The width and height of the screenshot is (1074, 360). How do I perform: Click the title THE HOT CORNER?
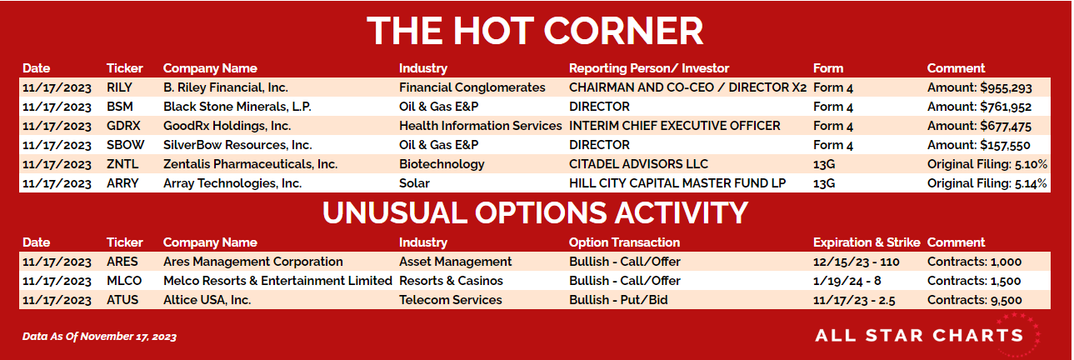coord(535,31)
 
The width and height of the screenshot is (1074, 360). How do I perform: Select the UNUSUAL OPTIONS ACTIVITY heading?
coord(535,212)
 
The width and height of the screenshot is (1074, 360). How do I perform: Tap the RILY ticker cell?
coord(119,87)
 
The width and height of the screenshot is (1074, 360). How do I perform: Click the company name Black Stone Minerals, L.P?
coord(237,107)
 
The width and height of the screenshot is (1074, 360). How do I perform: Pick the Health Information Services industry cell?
coord(481,126)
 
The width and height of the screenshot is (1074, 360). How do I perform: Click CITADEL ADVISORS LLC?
coord(638,164)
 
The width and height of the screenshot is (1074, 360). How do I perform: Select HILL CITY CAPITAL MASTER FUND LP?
coord(677,183)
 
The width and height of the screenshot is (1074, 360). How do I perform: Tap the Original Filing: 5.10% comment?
coord(987,164)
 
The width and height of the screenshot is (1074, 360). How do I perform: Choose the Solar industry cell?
coord(414,183)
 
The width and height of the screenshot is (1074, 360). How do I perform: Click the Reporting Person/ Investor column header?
coord(649,68)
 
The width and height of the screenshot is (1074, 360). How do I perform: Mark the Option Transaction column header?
coord(624,242)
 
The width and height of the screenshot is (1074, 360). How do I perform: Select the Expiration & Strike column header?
coord(867,242)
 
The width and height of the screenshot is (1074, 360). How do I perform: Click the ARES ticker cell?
coord(122,262)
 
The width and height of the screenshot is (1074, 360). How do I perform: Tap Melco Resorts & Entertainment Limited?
coord(277,281)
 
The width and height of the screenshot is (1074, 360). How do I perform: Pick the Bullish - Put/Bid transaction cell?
coord(618,300)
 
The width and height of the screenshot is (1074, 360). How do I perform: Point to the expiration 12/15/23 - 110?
coord(856,262)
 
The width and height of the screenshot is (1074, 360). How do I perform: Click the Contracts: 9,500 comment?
coord(974,300)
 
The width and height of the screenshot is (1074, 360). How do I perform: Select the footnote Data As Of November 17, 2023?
coord(99,337)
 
